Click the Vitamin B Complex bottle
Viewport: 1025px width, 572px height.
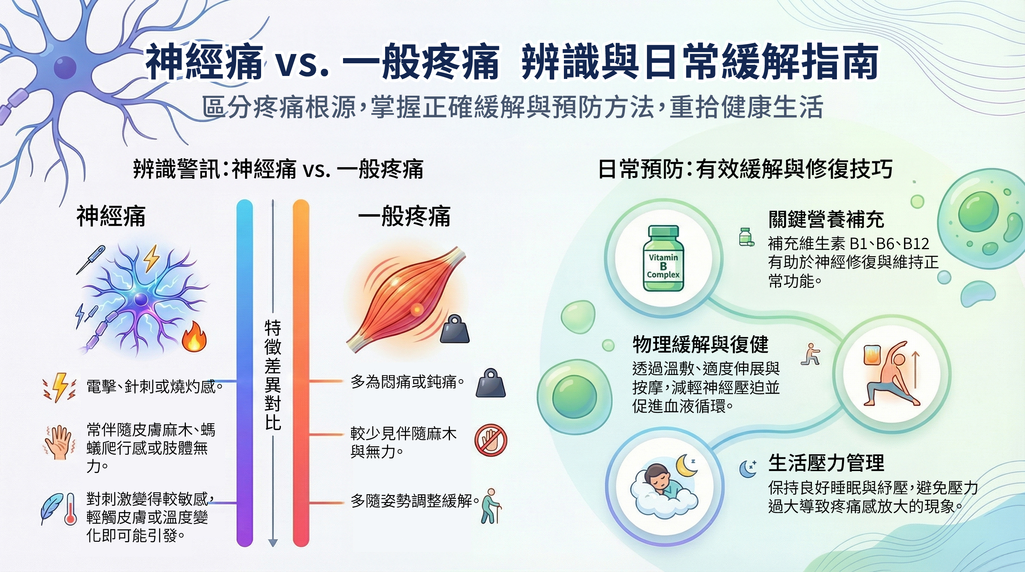pos(663,258)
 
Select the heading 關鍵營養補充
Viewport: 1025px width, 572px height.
pos(826,220)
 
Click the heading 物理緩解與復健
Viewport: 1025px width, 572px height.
pos(700,344)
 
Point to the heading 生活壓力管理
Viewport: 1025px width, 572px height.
pos(826,463)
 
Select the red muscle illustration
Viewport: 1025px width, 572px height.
pos(406,298)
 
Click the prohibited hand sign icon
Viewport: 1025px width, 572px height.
pos(491,440)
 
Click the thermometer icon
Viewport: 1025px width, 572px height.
pos(70,509)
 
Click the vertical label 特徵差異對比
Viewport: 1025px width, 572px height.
pos(273,375)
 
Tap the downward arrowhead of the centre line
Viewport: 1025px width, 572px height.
pos(273,543)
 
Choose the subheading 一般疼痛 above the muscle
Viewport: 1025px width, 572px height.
pos(404,216)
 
